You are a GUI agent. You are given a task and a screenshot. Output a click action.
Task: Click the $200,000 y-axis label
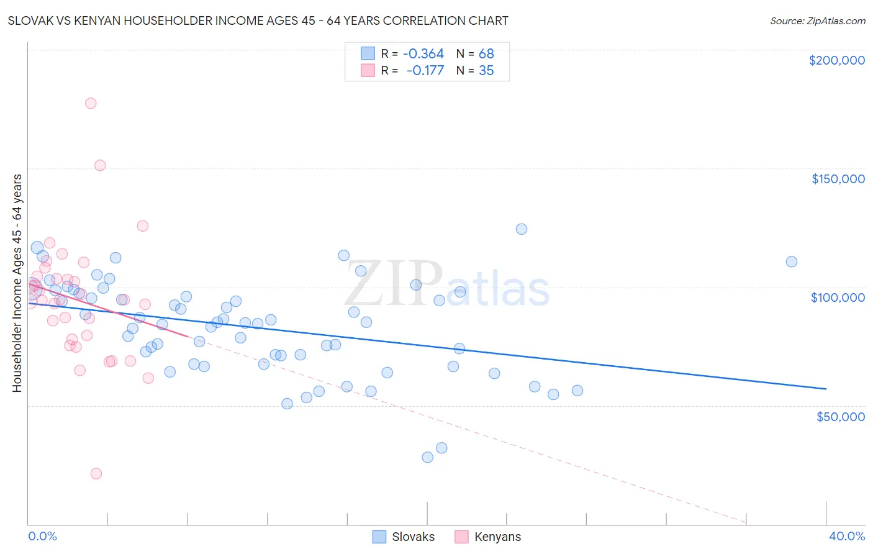pyautogui.click(x=836, y=60)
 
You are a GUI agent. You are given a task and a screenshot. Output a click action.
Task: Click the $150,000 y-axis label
pyautogui.click(x=838, y=179)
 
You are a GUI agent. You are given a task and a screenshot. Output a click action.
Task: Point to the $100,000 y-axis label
pyautogui.click(x=838, y=297)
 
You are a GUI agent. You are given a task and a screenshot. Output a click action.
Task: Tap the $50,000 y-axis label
pyautogui.click(x=840, y=416)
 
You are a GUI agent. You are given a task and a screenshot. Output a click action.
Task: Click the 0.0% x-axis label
pyautogui.click(x=42, y=536)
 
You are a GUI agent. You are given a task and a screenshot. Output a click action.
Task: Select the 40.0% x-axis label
pyautogui.click(x=846, y=536)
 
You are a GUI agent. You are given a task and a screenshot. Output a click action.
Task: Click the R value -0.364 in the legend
pyautogui.click(x=423, y=53)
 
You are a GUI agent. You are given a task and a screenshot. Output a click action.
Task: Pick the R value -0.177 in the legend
pyautogui.click(x=425, y=70)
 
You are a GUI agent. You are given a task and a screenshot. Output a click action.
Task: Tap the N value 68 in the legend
pyautogui.click(x=486, y=53)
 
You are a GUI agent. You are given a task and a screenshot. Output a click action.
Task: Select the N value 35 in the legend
pyautogui.click(x=486, y=70)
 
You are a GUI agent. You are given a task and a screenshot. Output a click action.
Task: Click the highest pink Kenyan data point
pyautogui.click(x=91, y=103)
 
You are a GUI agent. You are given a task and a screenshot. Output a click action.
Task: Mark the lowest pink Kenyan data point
pyautogui.click(x=96, y=473)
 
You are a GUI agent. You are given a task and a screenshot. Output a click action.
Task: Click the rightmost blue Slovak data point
pyautogui.click(x=791, y=261)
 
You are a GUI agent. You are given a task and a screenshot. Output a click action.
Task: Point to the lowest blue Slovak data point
pyautogui.click(x=427, y=457)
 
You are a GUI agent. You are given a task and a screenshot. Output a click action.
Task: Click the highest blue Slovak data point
pyautogui.click(x=522, y=229)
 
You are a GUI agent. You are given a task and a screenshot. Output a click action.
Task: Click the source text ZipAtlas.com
pyautogui.click(x=818, y=20)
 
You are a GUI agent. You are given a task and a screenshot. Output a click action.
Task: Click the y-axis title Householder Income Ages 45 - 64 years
pyautogui.click(x=17, y=283)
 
